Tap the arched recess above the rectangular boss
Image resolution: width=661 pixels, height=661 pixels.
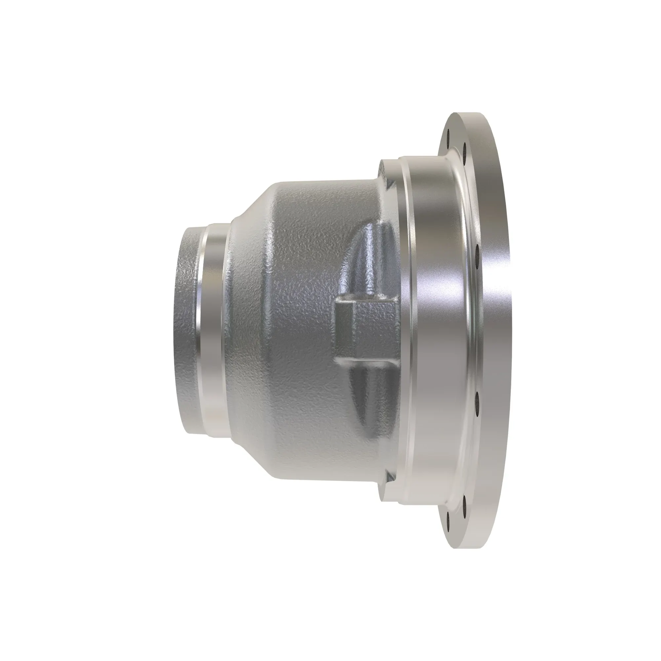369,260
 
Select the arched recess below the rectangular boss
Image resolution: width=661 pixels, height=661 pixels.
369,400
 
